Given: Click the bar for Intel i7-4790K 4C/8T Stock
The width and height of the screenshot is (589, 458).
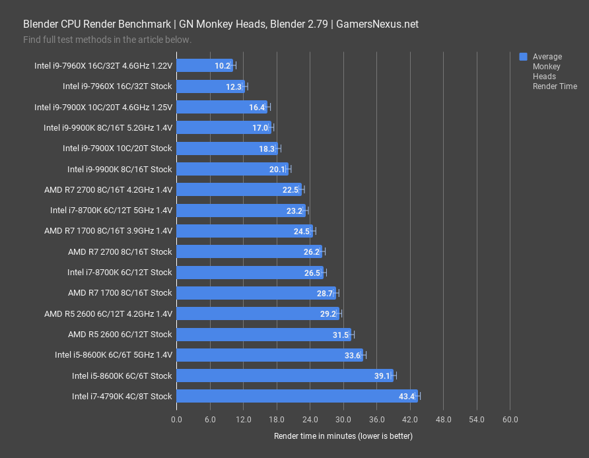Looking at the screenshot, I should (x=297, y=396).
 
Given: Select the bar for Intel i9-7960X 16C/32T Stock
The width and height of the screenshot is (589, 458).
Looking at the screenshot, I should (x=211, y=86).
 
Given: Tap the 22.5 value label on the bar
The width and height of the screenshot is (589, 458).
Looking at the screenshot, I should (x=291, y=190).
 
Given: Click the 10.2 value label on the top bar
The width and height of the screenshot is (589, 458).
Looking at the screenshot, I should (x=223, y=66).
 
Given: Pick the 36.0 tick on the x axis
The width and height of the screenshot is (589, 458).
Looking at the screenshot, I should (x=376, y=420).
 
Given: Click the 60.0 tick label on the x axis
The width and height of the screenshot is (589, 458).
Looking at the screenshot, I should (x=510, y=420).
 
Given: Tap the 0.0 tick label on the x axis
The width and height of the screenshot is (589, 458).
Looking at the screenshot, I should (x=177, y=420).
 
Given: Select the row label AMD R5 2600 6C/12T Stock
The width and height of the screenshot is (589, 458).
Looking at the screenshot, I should (x=120, y=335).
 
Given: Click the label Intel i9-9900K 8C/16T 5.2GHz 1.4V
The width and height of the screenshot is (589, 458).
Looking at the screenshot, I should (x=108, y=128).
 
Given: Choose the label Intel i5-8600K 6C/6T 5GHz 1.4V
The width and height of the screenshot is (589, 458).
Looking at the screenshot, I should (x=114, y=355).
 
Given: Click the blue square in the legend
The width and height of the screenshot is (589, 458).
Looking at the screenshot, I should (x=524, y=57).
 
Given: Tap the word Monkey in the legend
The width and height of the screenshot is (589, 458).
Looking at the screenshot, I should (x=546, y=67).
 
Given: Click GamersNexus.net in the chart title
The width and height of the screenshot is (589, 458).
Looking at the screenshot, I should (x=377, y=24).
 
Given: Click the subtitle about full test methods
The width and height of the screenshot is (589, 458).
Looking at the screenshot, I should (x=107, y=40).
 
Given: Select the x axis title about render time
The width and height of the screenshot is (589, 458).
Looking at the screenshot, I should (x=343, y=436).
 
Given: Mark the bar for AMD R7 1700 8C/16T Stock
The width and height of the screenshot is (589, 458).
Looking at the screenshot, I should (x=256, y=293).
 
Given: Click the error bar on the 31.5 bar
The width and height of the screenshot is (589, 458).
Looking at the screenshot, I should (x=352, y=335).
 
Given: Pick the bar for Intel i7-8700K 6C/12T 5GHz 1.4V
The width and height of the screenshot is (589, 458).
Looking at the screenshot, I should (x=241, y=211).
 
